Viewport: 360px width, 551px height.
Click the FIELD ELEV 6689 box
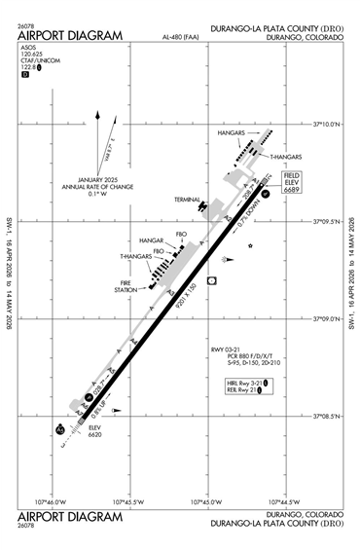point(291,184)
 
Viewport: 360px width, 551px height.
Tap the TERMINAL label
point(186,200)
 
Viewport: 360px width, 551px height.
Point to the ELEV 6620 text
point(94,431)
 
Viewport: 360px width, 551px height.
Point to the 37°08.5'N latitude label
point(331,416)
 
